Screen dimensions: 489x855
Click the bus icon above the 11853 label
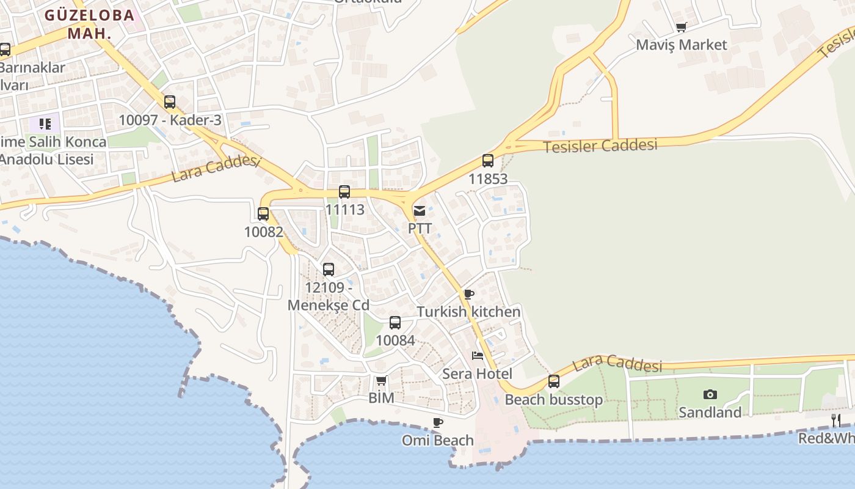pyautogui.click(x=487, y=161)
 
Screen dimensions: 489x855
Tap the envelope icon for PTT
pyautogui.click(x=420, y=211)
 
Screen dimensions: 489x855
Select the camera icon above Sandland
pyautogui.click(x=710, y=394)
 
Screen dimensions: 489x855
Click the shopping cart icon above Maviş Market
pyautogui.click(x=682, y=27)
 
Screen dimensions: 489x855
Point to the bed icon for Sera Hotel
pyautogui.click(x=478, y=355)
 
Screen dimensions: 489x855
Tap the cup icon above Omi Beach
pyautogui.click(x=438, y=422)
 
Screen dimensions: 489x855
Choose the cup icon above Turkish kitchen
pyautogui.click(x=469, y=294)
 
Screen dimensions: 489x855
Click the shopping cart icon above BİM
pyautogui.click(x=382, y=381)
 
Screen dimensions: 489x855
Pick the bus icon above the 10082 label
pyautogui.click(x=263, y=214)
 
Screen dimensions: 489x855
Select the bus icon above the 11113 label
pyautogui.click(x=344, y=192)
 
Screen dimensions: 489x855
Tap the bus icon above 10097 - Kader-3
pyautogui.click(x=170, y=102)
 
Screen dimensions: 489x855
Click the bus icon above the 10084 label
pyautogui.click(x=395, y=323)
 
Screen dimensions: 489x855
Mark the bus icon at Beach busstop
pyautogui.click(x=554, y=381)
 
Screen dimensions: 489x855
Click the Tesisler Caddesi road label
pyautogui.click(x=600, y=146)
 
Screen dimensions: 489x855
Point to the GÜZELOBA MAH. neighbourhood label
pyautogui.click(x=89, y=24)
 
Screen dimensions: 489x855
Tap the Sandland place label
pyautogui.click(x=710, y=413)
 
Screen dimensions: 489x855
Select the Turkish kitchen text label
pyautogui.click(x=468, y=312)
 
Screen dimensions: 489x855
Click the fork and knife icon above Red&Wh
pyautogui.click(x=835, y=420)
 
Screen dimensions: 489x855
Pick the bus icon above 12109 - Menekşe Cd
pyautogui.click(x=329, y=270)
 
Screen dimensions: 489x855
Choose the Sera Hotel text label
pyautogui.click(x=477, y=373)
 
